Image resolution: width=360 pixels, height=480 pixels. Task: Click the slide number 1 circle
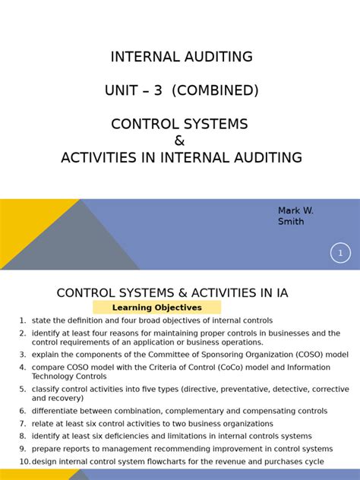click(x=340, y=253)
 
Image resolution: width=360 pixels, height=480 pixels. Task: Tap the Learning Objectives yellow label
click(x=157, y=308)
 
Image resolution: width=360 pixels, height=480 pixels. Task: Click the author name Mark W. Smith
click(x=295, y=216)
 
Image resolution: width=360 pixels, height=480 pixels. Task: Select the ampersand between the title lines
click(x=179, y=141)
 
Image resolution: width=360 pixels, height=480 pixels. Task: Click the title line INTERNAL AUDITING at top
click(x=182, y=57)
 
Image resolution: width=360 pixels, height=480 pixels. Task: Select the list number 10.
click(x=24, y=462)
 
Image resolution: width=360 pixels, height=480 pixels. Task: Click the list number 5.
click(x=23, y=389)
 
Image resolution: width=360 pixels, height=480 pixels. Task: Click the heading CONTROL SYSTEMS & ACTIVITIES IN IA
click(x=172, y=293)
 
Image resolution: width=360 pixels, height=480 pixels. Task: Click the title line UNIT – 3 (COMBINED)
click(x=182, y=90)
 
